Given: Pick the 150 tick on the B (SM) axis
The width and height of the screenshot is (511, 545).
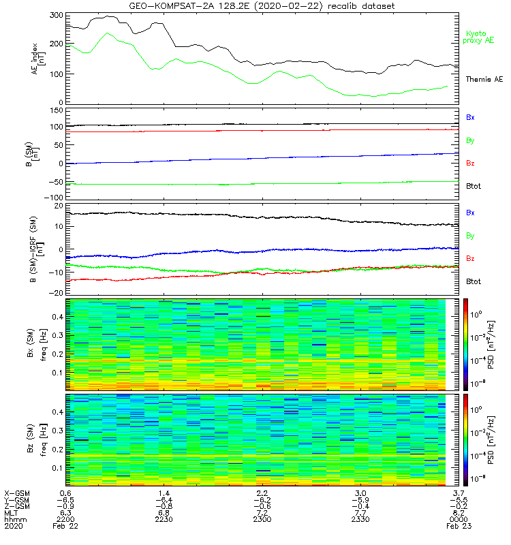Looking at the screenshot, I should pyautogui.click(x=55, y=110).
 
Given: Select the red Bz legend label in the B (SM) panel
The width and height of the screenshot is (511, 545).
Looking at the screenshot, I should pyautogui.click(x=470, y=163).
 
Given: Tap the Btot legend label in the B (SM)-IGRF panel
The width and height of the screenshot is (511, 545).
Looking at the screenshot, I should pyautogui.click(x=473, y=281).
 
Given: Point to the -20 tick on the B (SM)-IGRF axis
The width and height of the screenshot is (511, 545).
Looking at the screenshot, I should pyautogui.click(x=55, y=293).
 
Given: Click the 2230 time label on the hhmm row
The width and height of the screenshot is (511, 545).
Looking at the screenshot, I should pyautogui.click(x=164, y=520).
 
